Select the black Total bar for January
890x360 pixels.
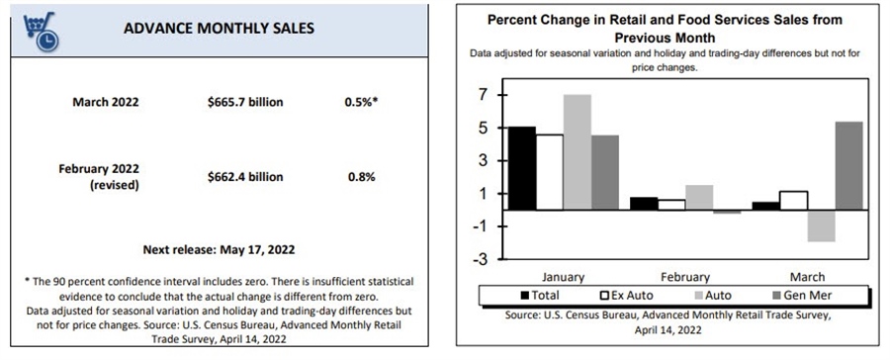click(521, 168)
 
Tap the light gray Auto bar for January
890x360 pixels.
click(578, 152)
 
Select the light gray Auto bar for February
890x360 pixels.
click(699, 198)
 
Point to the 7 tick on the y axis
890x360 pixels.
click(484, 95)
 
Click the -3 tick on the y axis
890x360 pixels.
click(482, 259)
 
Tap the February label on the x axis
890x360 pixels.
click(684, 277)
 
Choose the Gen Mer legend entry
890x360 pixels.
click(811, 295)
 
